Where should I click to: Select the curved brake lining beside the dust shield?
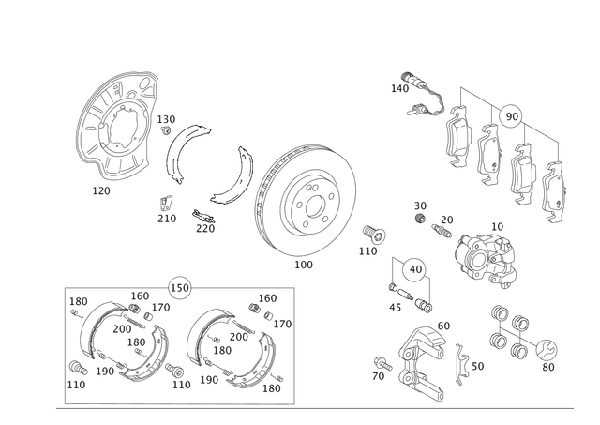[178, 155]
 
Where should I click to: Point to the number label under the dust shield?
[102, 190]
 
